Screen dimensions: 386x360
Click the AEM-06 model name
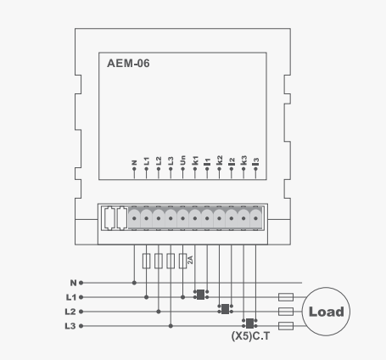[x=128, y=64]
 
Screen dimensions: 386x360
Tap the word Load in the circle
[x=327, y=312]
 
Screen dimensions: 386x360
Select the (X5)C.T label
[x=250, y=336]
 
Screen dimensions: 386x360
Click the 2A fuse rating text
[x=190, y=260]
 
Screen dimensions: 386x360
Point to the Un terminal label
[x=182, y=160]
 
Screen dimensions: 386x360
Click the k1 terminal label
[x=195, y=160]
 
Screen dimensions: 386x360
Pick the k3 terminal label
[x=243, y=160]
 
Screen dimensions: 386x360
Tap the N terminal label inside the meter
[x=134, y=163]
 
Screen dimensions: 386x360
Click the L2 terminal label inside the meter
[x=159, y=160]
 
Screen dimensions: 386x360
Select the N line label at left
[x=74, y=283]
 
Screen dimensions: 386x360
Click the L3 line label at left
[x=70, y=326]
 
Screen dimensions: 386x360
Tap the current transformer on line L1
[x=201, y=295]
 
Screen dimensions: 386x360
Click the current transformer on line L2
[x=225, y=309]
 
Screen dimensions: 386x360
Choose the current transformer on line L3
[x=249, y=323]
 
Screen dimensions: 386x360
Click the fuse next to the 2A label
[x=182, y=261]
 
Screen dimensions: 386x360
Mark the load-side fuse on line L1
[x=286, y=297]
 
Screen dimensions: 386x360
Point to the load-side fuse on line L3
[x=286, y=326]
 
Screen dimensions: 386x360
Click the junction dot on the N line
[x=134, y=283]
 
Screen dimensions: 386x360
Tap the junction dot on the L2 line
[x=159, y=312]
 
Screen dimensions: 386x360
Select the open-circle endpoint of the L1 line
[x=81, y=297]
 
